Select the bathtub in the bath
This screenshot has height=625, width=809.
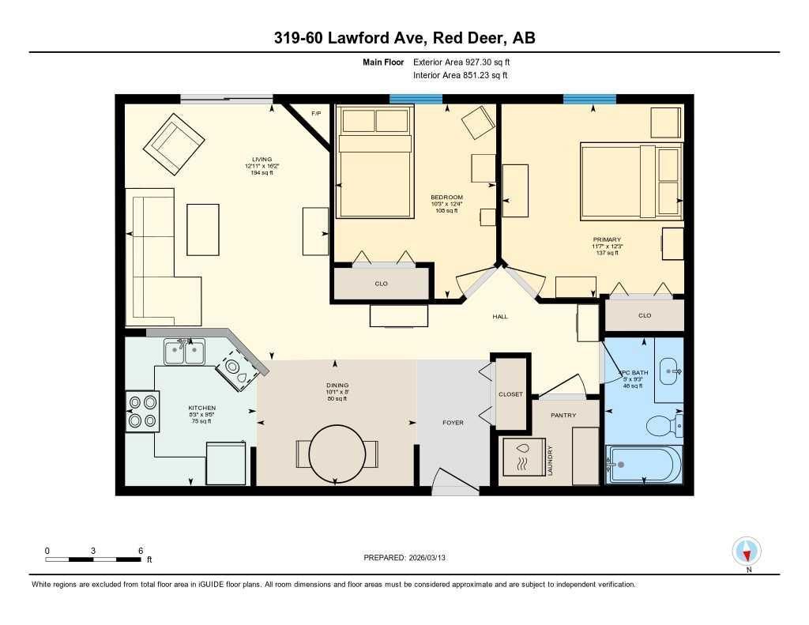(x=643, y=464)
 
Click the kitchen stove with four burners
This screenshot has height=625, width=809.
(x=142, y=411)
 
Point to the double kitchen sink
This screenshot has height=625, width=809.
(x=184, y=352)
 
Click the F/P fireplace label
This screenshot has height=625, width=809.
(x=316, y=114)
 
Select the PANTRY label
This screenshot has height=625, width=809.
(x=563, y=415)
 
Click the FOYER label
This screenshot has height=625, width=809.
(x=453, y=423)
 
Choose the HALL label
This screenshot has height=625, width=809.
(x=500, y=317)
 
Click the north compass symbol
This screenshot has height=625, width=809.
(x=747, y=551)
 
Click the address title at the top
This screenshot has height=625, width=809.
(x=404, y=38)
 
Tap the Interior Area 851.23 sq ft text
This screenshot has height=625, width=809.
(x=460, y=75)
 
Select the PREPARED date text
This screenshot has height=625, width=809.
(x=409, y=558)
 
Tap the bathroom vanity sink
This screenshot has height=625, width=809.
(x=670, y=369)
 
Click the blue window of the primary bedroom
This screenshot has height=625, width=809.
(x=589, y=99)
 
